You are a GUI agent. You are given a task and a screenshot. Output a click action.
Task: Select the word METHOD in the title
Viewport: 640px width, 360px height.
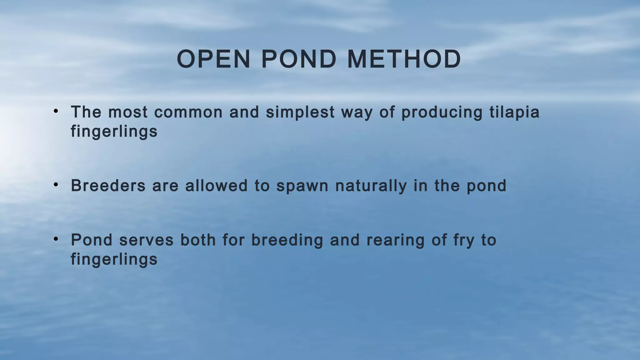pyautogui.click(x=404, y=59)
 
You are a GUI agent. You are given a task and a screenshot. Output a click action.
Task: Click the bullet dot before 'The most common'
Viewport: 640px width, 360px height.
pyautogui.click(x=56, y=111)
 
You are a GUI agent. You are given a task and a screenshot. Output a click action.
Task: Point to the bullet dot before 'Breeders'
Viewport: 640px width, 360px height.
pyautogui.click(x=56, y=185)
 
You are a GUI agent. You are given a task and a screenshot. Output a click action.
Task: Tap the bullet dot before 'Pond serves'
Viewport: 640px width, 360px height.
pyautogui.click(x=56, y=239)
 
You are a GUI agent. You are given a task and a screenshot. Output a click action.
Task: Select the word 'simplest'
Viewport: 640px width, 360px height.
pyautogui.click(x=300, y=112)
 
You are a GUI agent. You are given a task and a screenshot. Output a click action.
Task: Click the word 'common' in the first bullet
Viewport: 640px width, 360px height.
pyautogui.click(x=188, y=112)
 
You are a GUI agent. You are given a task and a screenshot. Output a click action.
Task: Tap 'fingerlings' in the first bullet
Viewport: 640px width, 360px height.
pyautogui.click(x=114, y=132)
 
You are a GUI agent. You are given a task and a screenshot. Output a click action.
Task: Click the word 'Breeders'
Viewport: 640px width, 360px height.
pyautogui.click(x=108, y=186)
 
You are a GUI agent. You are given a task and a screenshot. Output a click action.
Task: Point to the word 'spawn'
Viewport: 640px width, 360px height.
pyautogui.click(x=302, y=186)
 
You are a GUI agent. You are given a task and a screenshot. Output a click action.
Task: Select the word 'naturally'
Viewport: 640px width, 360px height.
pyautogui.click(x=371, y=186)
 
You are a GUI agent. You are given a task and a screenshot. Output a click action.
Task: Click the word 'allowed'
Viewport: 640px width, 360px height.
pyautogui.click(x=216, y=186)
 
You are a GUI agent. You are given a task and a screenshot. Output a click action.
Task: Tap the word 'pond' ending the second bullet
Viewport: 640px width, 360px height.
pyautogui.click(x=486, y=186)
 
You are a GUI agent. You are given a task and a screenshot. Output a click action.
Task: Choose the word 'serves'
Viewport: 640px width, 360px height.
pyautogui.click(x=146, y=240)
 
